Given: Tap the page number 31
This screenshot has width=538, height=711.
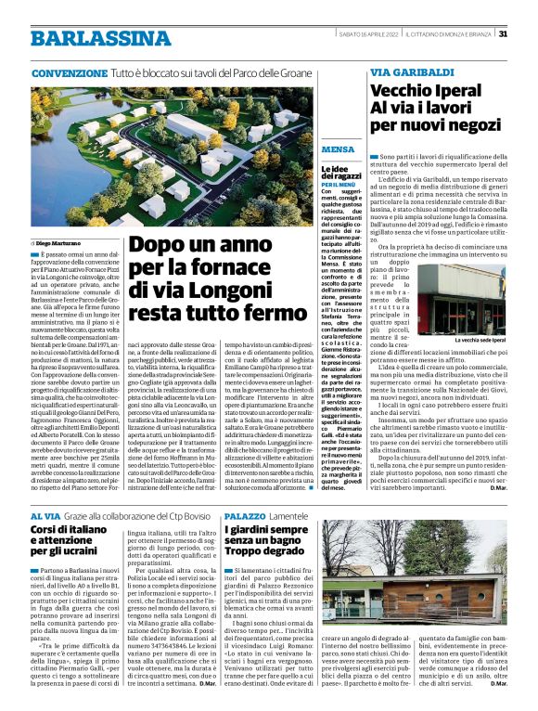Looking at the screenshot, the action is click(x=503, y=34).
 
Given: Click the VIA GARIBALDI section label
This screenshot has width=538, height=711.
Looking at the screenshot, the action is click(x=406, y=72).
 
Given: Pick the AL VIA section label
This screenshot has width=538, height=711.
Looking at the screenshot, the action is click(x=45, y=515).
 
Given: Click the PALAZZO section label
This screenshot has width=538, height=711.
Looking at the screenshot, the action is click(x=244, y=515).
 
